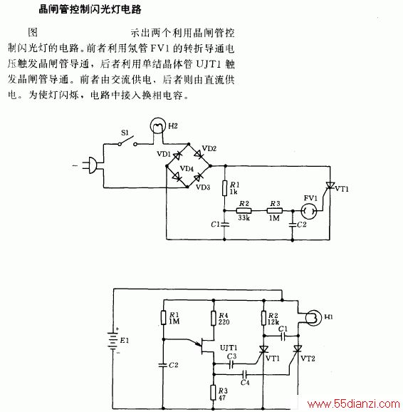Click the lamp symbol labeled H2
pyautogui.click(x=158, y=125)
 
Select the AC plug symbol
pyautogui.click(x=91, y=165)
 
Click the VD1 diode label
pyautogui.click(x=164, y=154)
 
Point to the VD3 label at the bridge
pyautogui.click(x=203, y=187)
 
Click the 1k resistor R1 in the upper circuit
pyautogui.click(x=224, y=188)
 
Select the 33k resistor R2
pyautogui.click(x=244, y=210)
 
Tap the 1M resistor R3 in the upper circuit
pyautogui.click(x=275, y=210)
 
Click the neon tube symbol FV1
pyautogui.click(x=309, y=211)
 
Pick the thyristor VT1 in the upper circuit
pyautogui.click(x=330, y=186)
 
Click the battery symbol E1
pyautogui.click(x=113, y=340)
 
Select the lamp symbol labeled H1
pyautogui.click(x=313, y=318)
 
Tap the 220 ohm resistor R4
pyautogui.click(x=214, y=318)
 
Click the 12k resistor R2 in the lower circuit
pyautogui.click(x=263, y=318)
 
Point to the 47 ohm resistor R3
pyautogui.click(x=214, y=393)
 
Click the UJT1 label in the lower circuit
pyautogui.click(x=229, y=348)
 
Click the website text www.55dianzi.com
pyautogui.click(x=354, y=404)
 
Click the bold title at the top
pyautogui.click(x=90, y=10)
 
